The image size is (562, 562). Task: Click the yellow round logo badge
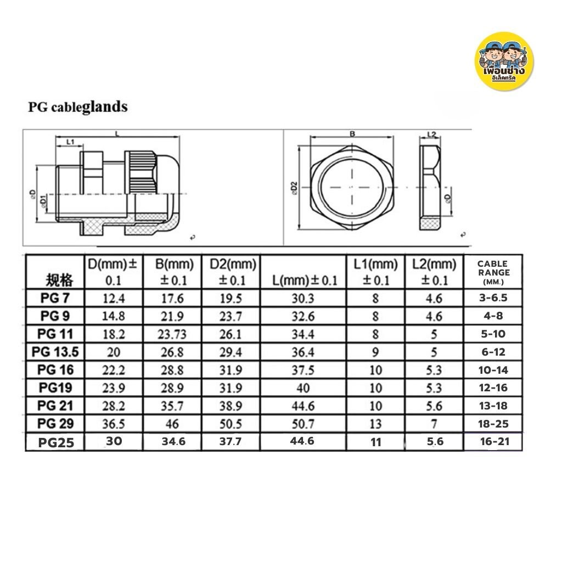[x=503, y=62]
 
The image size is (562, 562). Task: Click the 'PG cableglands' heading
[x=78, y=106]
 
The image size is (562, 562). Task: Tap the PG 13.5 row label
[x=57, y=352]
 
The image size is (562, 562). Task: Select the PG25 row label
[x=57, y=442]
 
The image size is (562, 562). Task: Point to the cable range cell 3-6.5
[x=493, y=298]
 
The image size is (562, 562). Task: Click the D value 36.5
[x=113, y=424]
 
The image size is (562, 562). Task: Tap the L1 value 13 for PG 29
[x=375, y=424]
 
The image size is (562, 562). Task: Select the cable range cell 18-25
[x=493, y=424]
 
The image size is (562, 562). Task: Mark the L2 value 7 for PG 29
[x=434, y=424]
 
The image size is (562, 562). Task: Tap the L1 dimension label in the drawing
[x=70, y=142]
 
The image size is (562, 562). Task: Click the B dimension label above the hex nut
[x=352, y=133]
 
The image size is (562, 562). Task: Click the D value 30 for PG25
[x=113, y=441]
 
